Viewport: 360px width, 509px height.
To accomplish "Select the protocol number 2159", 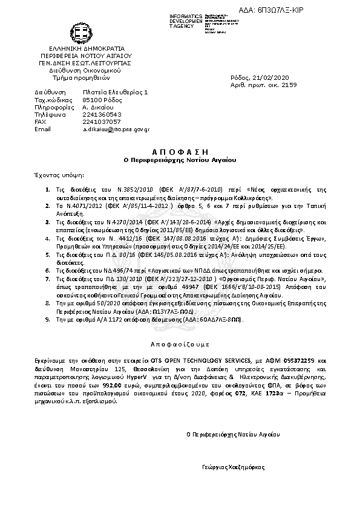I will tap(290, 85).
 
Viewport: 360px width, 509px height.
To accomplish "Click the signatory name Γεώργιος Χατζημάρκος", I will tap(233, 467).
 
